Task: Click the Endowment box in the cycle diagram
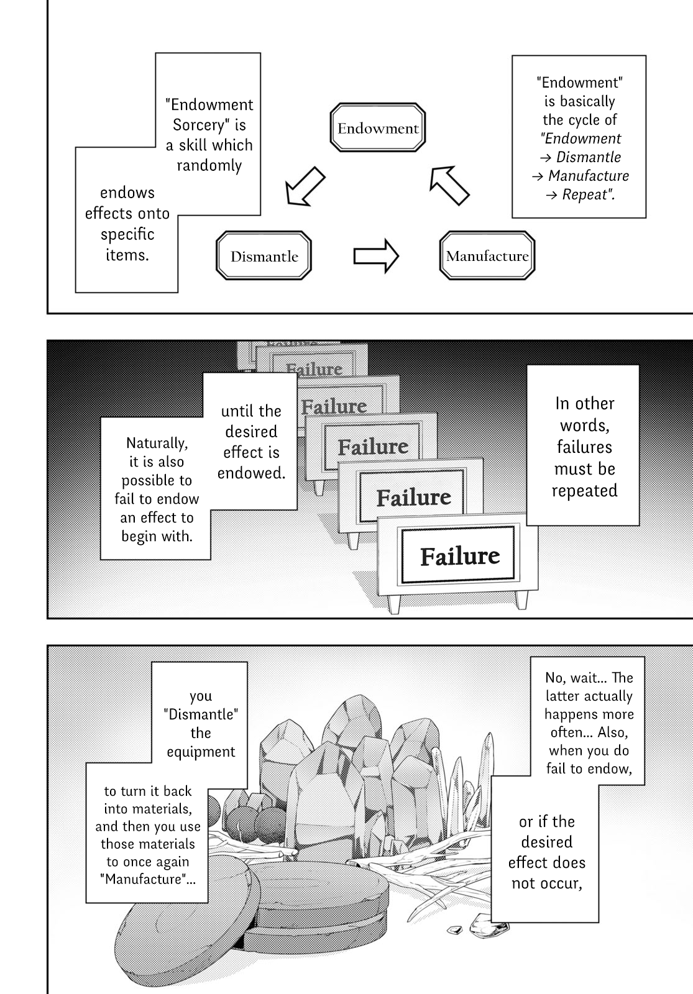[x=378, y=129]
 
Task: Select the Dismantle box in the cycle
[x=264, y=256]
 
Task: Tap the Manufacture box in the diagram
[x=487, y=256]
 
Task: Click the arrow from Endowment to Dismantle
[x=305, y=186]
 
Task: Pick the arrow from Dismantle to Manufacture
[x=376, y=256]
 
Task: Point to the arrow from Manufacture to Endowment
[x=449, y=185]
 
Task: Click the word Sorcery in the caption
[x=198, y=125]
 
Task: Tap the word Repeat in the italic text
[x=586, y=194]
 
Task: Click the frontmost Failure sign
[x=459, y=555]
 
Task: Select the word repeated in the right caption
[x=584, y=491]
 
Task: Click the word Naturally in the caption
[x=157, y=443]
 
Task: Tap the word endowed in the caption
[x=251, y=473]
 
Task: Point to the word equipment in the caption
[x=201, y=752]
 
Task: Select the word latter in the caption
[x=564, y=696]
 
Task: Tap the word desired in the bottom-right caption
[x=546, y=842]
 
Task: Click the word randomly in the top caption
[x=209, y=166]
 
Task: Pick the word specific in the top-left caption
[x=127, y=234]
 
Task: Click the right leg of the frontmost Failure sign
[x=521, y=600]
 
